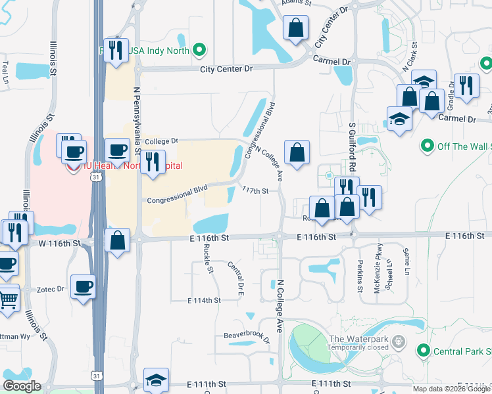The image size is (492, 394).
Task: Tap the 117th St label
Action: tap(255, 190)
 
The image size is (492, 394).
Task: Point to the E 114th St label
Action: tap(203, 300)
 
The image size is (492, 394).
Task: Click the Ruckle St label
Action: tap(208, 258)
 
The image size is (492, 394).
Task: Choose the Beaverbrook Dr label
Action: tap(247, 334)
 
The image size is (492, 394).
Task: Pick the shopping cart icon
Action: tap(7, 300)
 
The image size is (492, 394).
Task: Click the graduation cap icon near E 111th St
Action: tap(156, 380)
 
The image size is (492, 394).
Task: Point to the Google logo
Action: tap(22, 386)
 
